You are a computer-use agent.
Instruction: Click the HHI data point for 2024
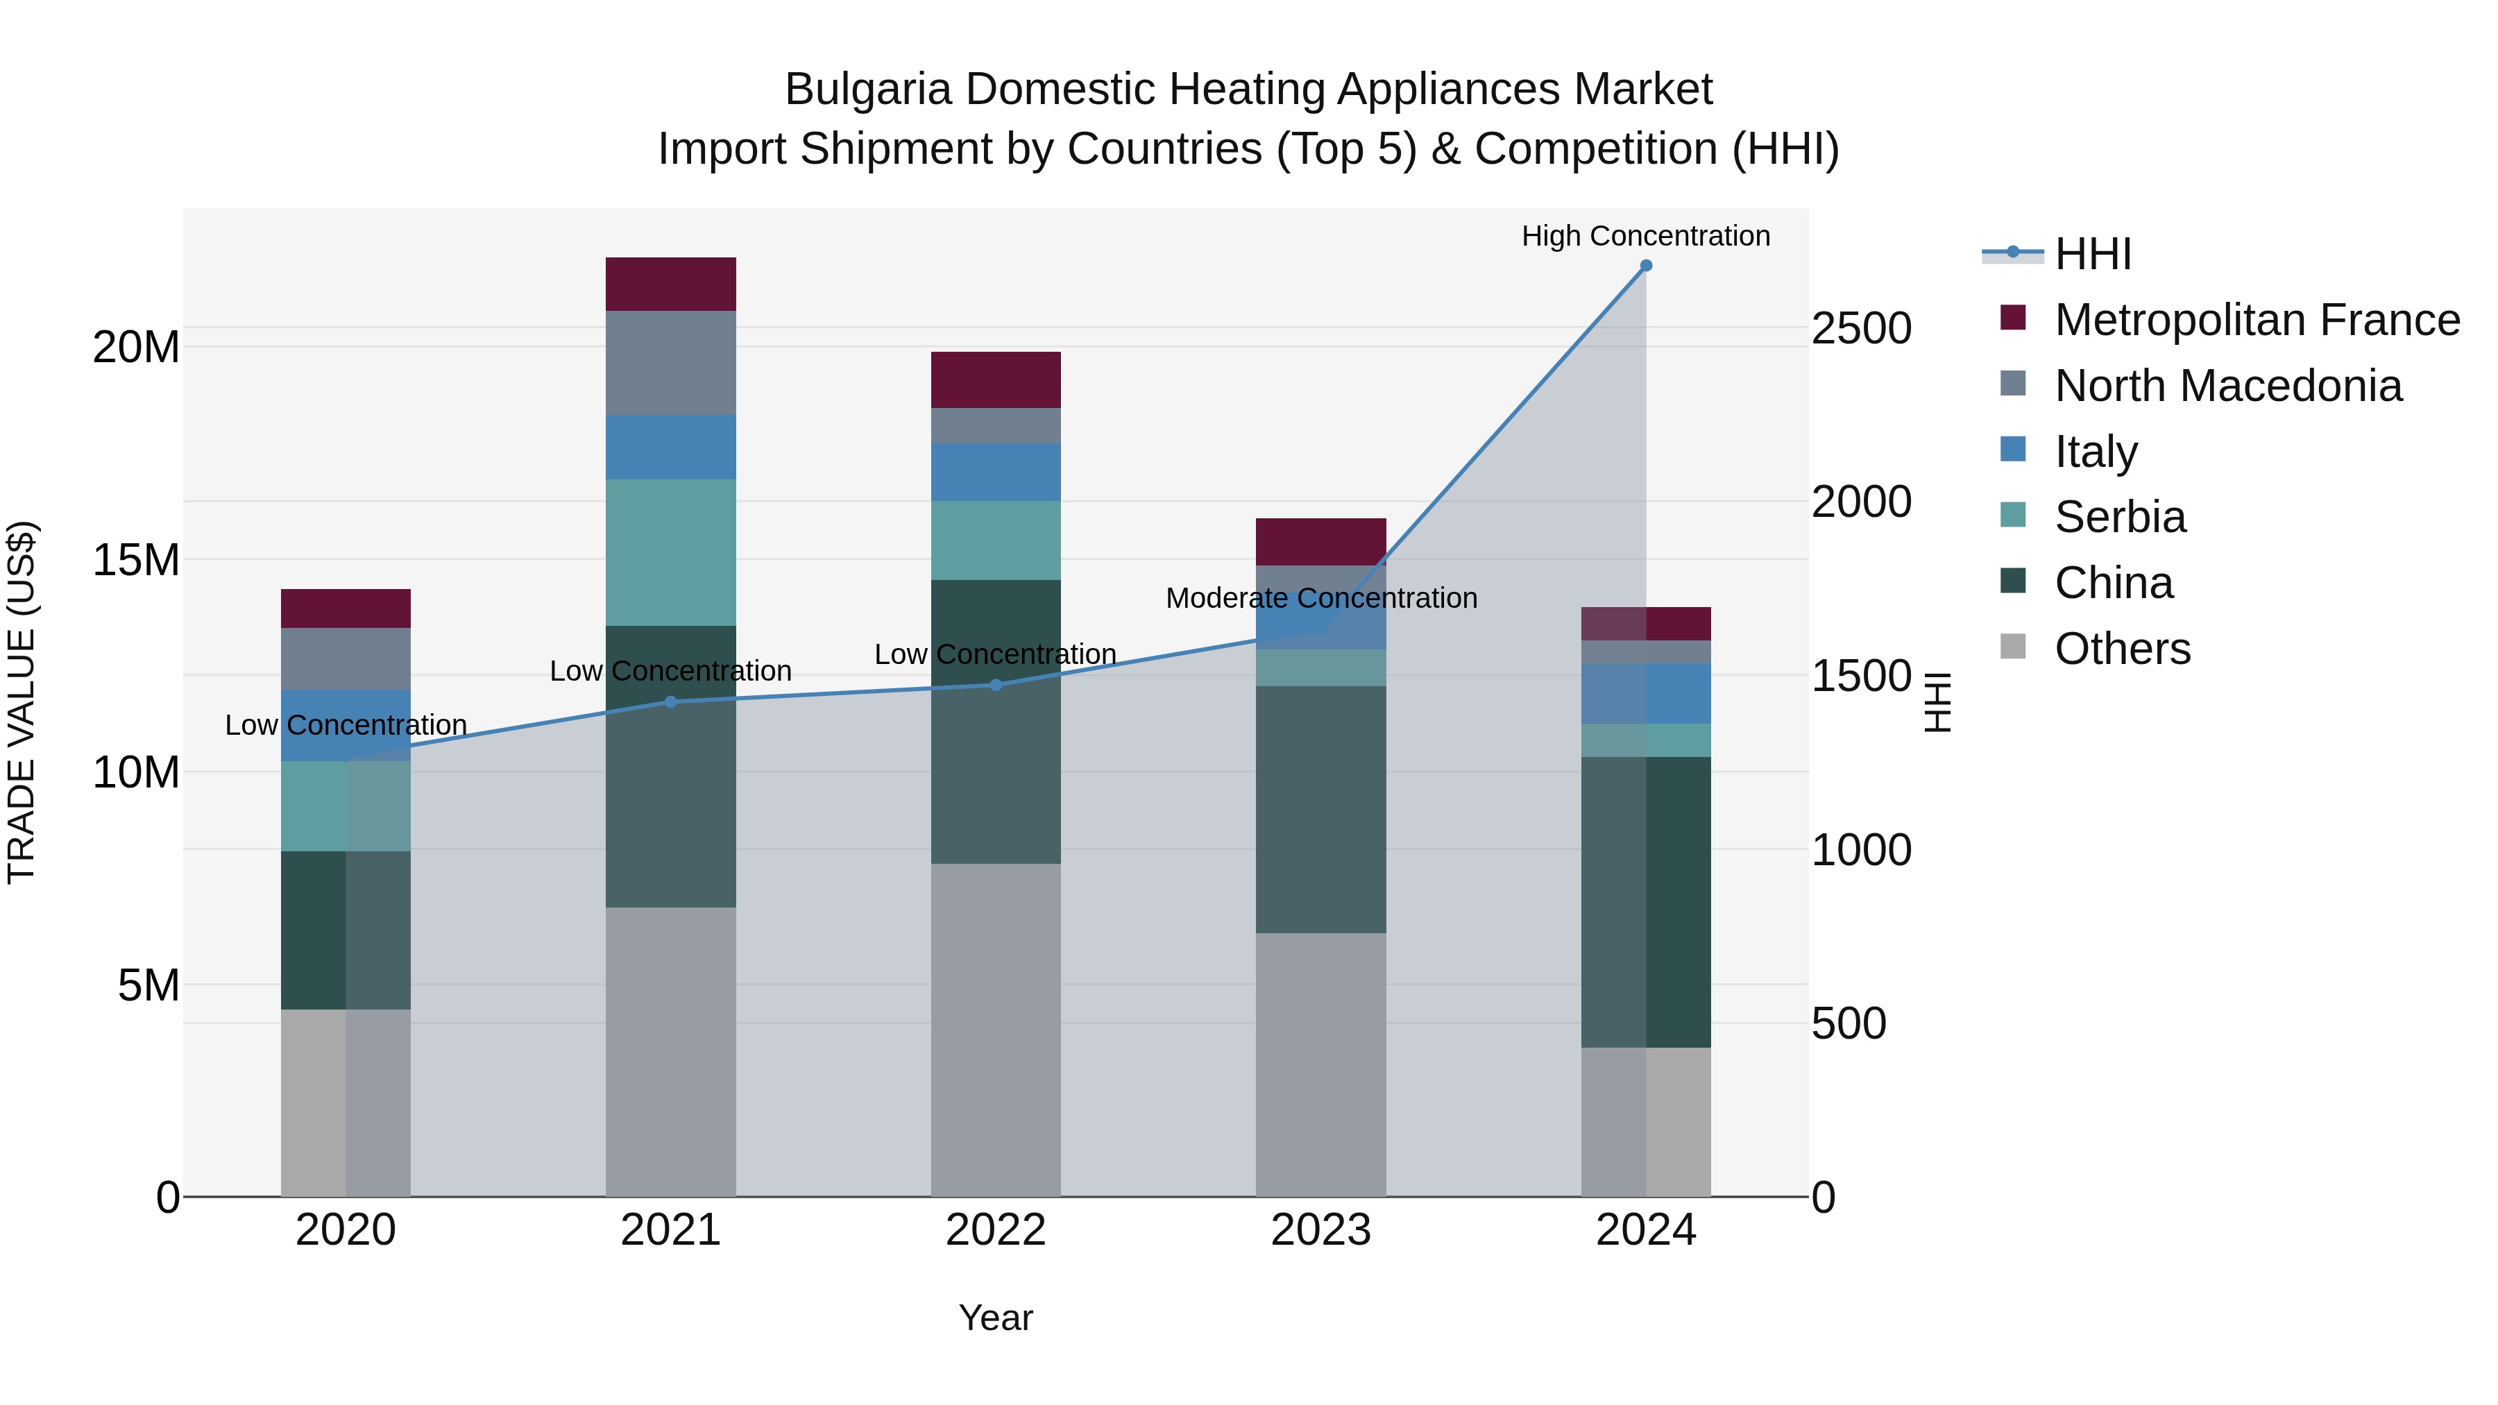(x=1646, y=266)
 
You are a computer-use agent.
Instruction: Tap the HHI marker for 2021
(x=671, y=702)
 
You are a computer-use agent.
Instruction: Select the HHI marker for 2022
(x=996, y=685)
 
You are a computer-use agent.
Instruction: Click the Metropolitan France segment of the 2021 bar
(x=671, y=284)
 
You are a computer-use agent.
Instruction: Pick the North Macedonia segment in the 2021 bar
(x=671, y=363)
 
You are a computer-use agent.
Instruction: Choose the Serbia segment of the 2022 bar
(x=996, y=540)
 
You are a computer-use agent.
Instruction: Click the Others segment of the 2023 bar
(x=1320, y=1064)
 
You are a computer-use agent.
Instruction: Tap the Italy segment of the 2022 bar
(x=996, y=472)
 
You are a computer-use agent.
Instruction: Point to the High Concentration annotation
(x=1646, y=236)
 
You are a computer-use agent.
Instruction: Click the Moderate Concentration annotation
(x=1320, y=598)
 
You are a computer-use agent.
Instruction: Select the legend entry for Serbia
(x=2120, y=517)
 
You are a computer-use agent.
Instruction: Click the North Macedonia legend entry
(x=2227, y=386)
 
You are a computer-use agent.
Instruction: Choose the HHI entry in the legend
(x=2093, y=254)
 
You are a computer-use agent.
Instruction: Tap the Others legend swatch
(x=2013, y=647)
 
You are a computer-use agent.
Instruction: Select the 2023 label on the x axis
(x=1320, y=1230)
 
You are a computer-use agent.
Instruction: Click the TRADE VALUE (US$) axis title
(x=22, y=702)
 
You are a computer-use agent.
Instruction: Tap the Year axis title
(x=996, y=1318)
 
